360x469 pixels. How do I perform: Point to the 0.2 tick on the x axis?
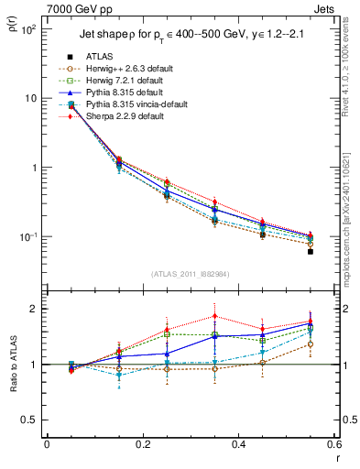(142, 445)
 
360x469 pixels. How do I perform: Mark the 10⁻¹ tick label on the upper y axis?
(29, 237)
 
